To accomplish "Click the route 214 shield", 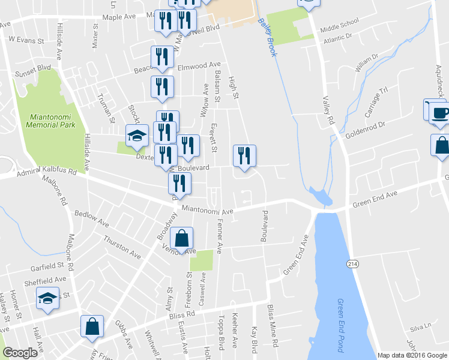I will coord(352,263).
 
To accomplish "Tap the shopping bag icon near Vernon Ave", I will coord(181,239).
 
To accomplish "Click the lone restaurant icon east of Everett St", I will coord(244,157).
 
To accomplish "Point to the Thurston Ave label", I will coord(122,247).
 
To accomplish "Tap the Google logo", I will coord(20,352).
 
